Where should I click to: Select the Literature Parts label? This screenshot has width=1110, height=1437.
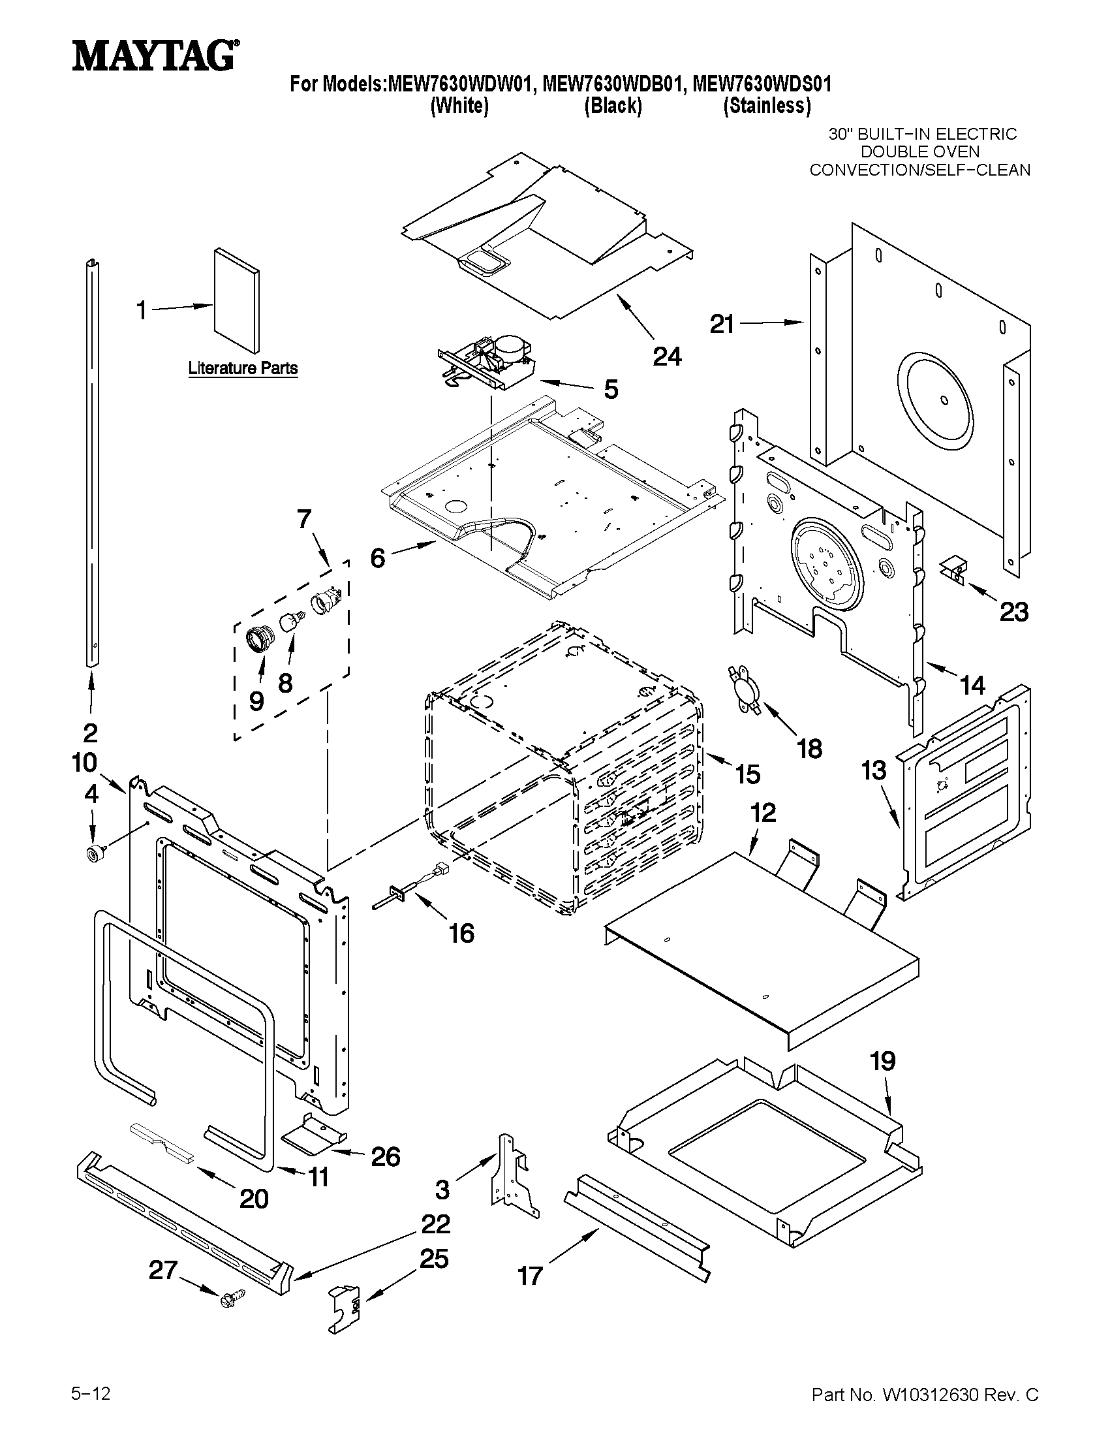(243, 368)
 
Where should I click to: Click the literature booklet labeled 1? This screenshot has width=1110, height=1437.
(236, 301)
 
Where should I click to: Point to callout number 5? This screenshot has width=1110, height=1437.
(611, 390)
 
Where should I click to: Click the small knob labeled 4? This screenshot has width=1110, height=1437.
(93, 854)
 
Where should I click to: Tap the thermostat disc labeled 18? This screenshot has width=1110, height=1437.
(745, 689)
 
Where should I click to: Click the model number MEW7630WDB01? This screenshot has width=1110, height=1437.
(614, 84)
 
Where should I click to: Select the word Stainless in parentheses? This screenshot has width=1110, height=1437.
(767, 106)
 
